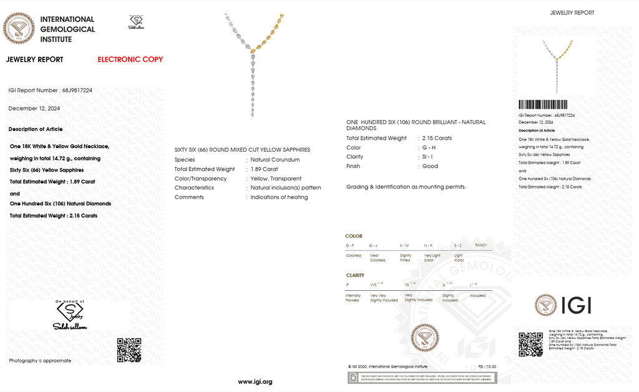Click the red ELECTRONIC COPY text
pos(130,59)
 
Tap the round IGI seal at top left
pos(19,28)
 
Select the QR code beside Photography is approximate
pos(129,350)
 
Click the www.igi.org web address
pos(255,381)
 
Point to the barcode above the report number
pos(543,105)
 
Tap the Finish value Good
pos(430,166)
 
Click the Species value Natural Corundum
pos(275,160)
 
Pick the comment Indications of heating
pos(279,197)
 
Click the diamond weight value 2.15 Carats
pos(437,138)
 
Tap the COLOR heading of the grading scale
pos(354,237)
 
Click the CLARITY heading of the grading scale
pos(355,275)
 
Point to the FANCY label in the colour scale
pos(480,245)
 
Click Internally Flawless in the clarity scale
pos(353,297)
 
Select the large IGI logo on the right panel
pos(563,305)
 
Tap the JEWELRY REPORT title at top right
pos(572,12)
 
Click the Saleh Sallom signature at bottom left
pos(70,326)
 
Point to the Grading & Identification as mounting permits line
pos(406,187)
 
